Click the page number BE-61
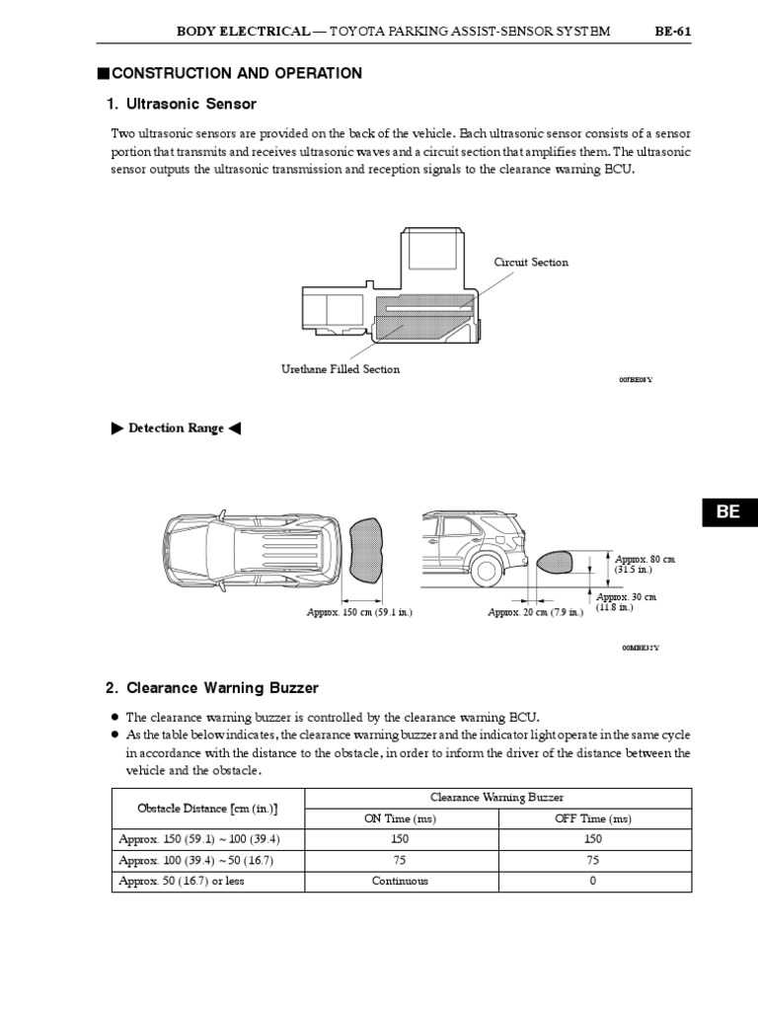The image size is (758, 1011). tap(672, 32)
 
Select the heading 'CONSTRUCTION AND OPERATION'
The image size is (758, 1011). tap(237, 73)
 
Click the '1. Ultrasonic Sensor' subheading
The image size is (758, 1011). tap(181, 104)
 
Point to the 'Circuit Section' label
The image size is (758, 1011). tap(531, 263)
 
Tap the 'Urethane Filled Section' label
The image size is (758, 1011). tap(341, 369)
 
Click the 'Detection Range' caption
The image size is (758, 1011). tap(174, 428)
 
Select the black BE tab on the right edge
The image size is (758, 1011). tap(727, 511)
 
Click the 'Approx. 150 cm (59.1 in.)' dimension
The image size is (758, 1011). tap(359, 612)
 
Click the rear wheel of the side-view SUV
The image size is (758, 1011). tap(485, 570)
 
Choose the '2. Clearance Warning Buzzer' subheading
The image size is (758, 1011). tap(212, 687)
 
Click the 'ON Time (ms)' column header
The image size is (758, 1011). tap(400, 818)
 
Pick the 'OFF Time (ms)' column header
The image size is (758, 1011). tap(592, 818)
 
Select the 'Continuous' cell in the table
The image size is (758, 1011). tap(400, 881)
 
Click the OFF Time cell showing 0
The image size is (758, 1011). tap(592, 881)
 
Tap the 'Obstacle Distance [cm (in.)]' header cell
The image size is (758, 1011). tap(207, 809)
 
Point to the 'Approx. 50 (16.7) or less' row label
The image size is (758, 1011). tap(182, 881)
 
